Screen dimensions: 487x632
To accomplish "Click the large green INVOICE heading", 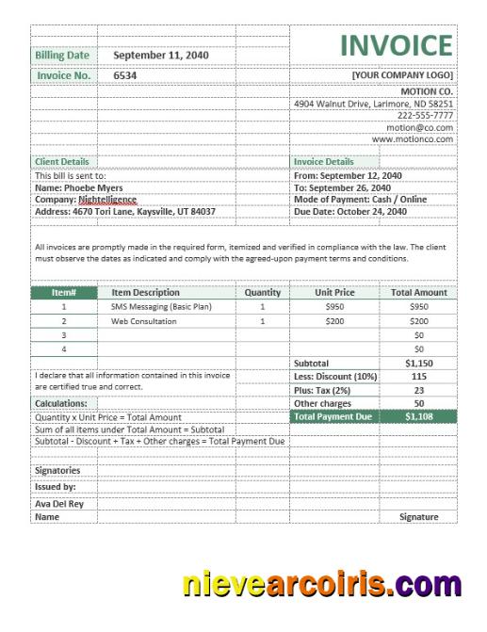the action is (x=396, y=45).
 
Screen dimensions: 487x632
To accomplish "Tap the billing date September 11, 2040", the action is (x=160, y=56).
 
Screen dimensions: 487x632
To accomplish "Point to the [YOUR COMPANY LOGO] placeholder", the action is (x=402, y=74).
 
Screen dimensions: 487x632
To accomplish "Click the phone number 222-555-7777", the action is (x=425, y=115).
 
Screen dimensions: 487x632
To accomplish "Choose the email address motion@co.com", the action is (x=419, y=127).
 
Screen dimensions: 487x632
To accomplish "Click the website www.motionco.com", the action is (x=413, y=138).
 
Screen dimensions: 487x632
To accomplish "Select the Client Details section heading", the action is (x=62, y=162).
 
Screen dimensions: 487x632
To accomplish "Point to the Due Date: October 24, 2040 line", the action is (x=350, y=212).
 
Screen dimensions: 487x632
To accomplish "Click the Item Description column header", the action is (x=145, y=293).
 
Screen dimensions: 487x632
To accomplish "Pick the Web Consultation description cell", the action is (x=143, y=321).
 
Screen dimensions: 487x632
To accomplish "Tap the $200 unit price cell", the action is (x=334, y=321).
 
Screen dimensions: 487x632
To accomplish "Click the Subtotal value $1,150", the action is (x=418, y=363).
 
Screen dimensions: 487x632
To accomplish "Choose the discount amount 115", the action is (x=418, y=376).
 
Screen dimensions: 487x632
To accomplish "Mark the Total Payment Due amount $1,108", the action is (x=418, y=415).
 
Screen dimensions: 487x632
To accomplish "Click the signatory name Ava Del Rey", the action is (x=59, y=503).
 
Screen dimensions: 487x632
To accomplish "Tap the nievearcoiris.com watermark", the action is (x=322, y=584).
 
